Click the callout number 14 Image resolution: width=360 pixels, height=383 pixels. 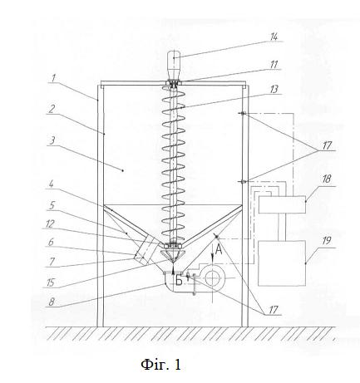[274, 37]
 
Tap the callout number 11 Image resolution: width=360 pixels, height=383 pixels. [274, 65]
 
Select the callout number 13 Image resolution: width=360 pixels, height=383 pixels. [274, 90]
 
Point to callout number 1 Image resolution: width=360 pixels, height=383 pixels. [52, 78]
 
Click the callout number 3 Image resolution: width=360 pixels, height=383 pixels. [52, 140]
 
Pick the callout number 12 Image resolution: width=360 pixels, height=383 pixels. [50, 223]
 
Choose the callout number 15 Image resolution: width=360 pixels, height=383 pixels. [50, 282]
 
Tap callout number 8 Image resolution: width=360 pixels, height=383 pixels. [52, 302]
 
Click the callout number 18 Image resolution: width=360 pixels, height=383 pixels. [327, 179]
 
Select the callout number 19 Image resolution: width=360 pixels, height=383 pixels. [327, 240]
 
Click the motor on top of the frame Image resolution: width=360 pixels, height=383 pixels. [174, 66]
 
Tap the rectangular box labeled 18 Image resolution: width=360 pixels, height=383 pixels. [282, 204]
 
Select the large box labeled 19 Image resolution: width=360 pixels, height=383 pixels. [282, 263]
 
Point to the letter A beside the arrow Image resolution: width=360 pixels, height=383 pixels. [219, 250]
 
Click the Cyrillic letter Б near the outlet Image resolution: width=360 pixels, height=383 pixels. [180, 281]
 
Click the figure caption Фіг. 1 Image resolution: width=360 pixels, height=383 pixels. [160, 365]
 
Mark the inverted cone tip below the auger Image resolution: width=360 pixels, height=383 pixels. [171, 256]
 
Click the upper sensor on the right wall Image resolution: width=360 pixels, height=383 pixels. [244, 113]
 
